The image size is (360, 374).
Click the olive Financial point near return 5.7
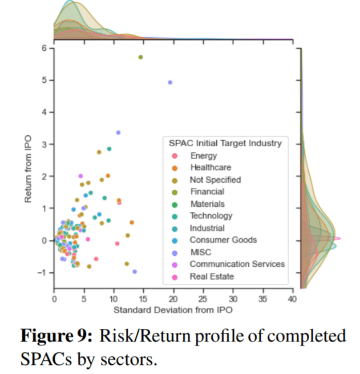[140, 57]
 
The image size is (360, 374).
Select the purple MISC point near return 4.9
[170, 83]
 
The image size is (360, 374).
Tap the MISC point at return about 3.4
[119, 132]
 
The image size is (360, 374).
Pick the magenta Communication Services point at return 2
[80, 176]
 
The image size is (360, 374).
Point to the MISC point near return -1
[135, 272]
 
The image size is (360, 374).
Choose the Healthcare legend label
[211, 167]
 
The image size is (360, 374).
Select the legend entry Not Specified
[216, 180]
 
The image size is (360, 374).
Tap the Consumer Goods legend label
[224, 240]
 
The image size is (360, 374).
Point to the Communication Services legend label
[237, 264]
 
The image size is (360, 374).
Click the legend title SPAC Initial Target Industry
[225, 143]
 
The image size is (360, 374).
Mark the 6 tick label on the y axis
[45, 48]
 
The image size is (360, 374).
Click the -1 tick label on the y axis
[43, 272]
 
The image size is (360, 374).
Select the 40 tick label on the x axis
[292, 299]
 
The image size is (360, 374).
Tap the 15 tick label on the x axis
[143, 299]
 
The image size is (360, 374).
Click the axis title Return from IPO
[28, 169]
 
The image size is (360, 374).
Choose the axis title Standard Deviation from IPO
[173, 310]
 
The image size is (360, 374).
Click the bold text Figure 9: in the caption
[56, 336]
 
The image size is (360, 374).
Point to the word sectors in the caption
[129, 359]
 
